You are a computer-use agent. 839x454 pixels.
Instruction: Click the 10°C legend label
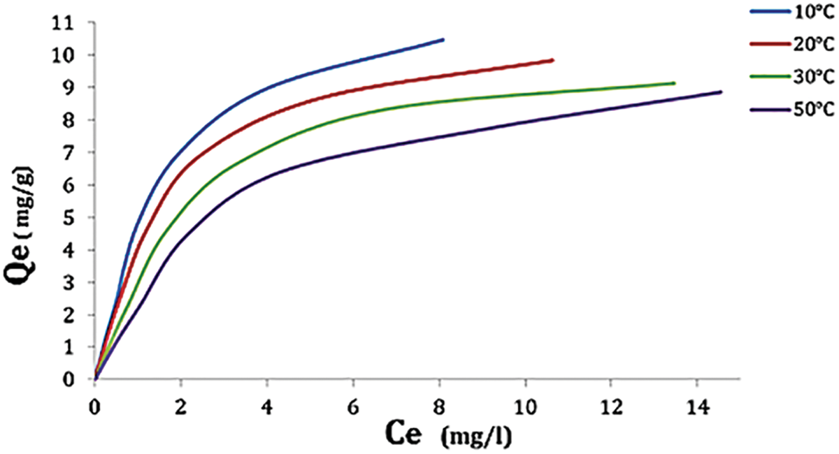(815, 11)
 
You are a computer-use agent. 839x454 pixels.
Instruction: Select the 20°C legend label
(815, 44)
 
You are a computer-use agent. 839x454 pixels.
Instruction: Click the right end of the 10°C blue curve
(443, 40)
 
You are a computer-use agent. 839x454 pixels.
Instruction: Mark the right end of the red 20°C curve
(552, 60)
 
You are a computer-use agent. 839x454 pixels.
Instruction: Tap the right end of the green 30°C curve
(673, 82)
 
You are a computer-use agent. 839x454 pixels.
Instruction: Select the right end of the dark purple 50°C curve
(720, 91)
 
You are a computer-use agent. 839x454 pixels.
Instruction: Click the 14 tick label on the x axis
(696, 406)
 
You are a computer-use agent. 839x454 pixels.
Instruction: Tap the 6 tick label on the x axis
(353, 406)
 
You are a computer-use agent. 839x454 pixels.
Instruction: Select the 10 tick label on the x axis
(524, 406)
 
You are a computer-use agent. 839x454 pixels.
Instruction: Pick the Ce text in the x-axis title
(405, 435)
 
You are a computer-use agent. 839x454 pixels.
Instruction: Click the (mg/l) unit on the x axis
(476, 438)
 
